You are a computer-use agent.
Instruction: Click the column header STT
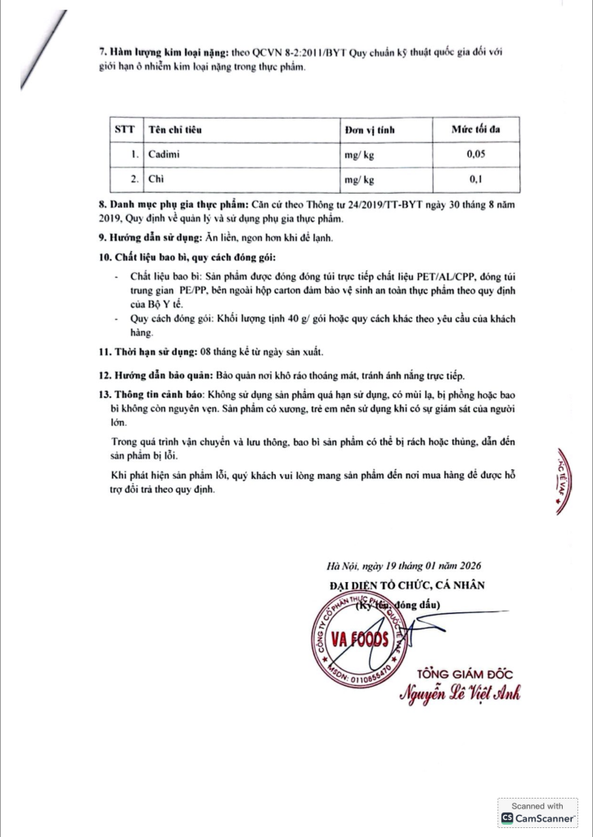(x=124, y=129)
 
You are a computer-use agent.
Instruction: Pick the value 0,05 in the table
(x=475, y=154)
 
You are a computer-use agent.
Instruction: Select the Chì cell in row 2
(x=155, y=179)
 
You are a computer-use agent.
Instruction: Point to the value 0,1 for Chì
(x=475, y=179)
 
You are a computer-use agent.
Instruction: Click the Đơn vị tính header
(x=370, y=129)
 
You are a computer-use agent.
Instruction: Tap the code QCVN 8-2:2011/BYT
(x=302, y=54)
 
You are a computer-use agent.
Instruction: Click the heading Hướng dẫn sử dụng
(x=144, y=238)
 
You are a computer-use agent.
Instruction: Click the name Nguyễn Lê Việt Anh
(x=460, y=694)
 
